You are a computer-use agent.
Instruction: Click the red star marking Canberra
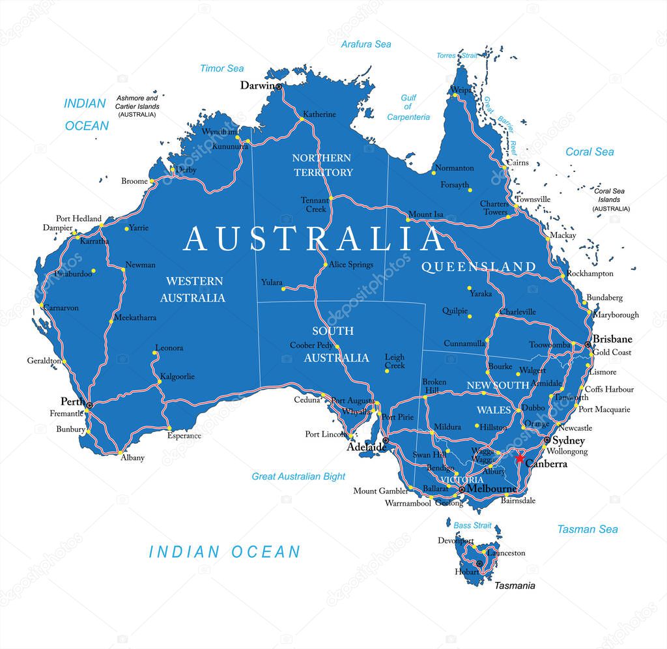tap(519, 458)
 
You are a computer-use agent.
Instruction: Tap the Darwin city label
tap(257, 85)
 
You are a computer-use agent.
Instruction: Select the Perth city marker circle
tap(89, 405)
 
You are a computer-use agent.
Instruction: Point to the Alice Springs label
tap(350, 265)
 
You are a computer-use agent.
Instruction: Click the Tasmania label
tap(514, 585)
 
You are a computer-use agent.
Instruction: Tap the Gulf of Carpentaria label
tap(408, 108)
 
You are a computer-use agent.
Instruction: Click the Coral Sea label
tap(589, 152)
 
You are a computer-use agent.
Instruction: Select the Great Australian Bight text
tap(298, 476)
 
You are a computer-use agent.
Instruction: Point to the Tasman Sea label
tap(587, 529)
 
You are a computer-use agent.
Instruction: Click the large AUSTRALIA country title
tap(313, 239)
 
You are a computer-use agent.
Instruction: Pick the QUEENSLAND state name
tap(478, 267)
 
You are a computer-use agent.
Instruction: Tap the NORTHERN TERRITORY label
tap(322, 165)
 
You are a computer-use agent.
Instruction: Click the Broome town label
tap(134, 181)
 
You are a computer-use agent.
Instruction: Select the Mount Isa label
tap(425, 214)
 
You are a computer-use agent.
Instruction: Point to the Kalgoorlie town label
tap(177, 376)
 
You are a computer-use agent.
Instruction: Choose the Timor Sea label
tap(221, 68)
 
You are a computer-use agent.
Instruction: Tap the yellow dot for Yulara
tap(283, 289)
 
